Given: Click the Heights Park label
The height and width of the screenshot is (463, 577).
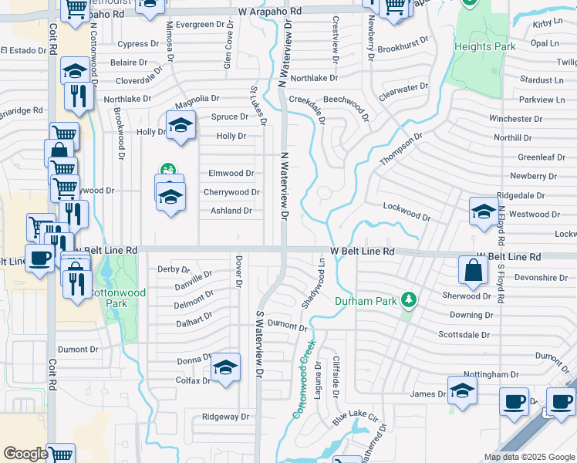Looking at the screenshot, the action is pyautogui.click(x=484, y=47).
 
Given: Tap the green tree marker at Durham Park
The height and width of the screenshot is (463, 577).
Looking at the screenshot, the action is pyautogui.click(x=409, y=300).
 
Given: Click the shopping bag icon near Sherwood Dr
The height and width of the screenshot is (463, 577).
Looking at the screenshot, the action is pyautogui.click(x=473, y=271).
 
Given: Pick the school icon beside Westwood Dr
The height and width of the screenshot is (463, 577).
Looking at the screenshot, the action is pyautogui.click(x=483, y=211).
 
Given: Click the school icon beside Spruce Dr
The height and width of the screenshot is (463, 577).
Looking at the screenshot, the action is pyautogui.click(x=180, y=126).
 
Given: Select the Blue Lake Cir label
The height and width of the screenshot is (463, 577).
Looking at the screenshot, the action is pyautogui.click(x=356, y=421).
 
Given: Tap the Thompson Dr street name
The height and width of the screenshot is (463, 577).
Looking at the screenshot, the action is pyautogui.click(x=402, y=149).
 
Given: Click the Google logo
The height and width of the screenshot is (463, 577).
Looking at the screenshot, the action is pyautogui.click(x=25, y=454).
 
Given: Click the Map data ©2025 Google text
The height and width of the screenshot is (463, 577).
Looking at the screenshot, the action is pyautogui.click(x=528, y=457).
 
